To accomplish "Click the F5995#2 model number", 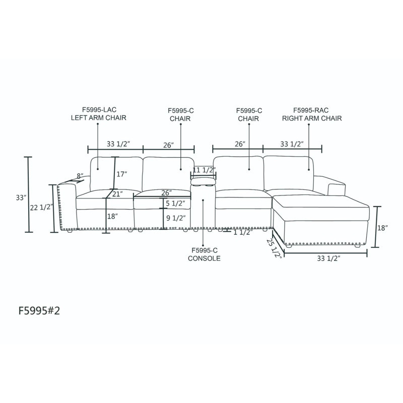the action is click(x=39, y=311).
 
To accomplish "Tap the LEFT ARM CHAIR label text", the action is click(x=99, y=118).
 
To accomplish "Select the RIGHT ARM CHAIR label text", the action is click(x=312, y=118).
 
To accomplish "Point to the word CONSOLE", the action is click(x=204, y=258).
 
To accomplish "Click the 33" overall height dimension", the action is click(x=21, y=197).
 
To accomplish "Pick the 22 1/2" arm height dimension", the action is click(x=42, y=208).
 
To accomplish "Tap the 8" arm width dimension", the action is click(x=80, y=176).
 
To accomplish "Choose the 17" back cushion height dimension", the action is click(x=121, y=174).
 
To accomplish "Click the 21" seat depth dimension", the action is click(x=117, y=194).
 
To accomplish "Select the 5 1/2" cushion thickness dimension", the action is click(x=175, y=204).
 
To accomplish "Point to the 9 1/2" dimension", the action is click(x=176, y=218).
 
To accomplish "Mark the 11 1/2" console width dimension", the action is click(x=204, y=170).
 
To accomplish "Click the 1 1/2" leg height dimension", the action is click(x=243, y=232).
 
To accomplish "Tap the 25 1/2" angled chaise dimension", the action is click(x=274, y=248).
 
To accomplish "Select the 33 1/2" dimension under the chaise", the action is click(x=328, y=258).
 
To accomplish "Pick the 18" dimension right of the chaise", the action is click(x=382, y=228).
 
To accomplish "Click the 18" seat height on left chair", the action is click(x=112, y=216).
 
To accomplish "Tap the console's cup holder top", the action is click(x=203, y=181).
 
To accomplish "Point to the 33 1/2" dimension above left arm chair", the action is click(x=118, y=144).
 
